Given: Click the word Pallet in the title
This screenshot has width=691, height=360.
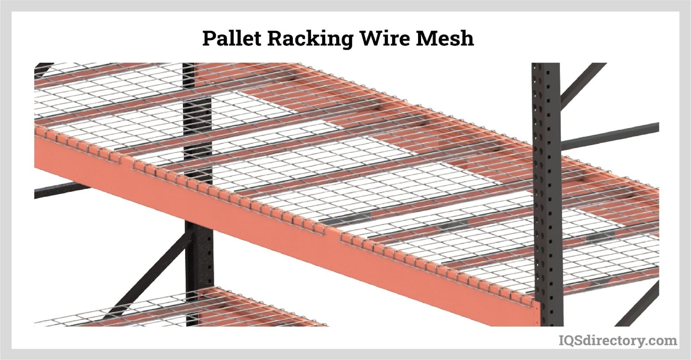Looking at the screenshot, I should tap(231, 38).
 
